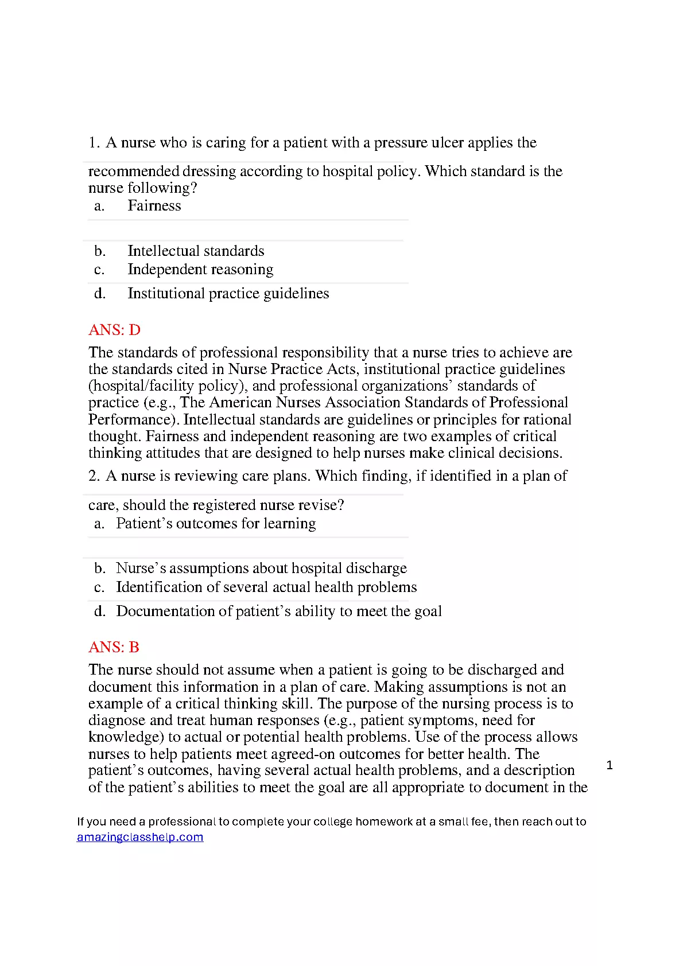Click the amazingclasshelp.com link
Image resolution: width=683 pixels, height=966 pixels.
pyautogui.click(x=140, y=837)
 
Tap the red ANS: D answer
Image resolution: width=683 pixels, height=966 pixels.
pyautogui.click(x=114, y=330)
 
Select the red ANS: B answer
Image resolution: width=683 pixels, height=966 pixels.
pyautogui.click(x=114, y=647)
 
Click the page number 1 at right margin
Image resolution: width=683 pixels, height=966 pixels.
pyautogui.click(x=610, y=765)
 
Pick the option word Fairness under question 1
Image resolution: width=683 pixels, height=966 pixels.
pyautogui.click(x=154, y=206)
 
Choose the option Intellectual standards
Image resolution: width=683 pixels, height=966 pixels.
pyautogui.click(x=196, y=251)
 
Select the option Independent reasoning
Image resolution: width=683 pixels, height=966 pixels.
pyautogui.click(x=200, y=270)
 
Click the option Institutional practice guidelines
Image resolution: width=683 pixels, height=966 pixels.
pyautogui.click(x=228, y=294)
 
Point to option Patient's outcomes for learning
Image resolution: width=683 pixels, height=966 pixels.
pyautogui.click(x=216, y=524)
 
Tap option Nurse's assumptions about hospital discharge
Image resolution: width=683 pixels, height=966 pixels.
pyautogui.click(x=261, y=568)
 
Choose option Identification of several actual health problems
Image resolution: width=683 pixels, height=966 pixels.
pyautogui.click(x=266, y=587)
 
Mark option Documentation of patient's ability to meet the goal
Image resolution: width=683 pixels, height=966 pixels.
pyautogui.click(x=279, y=611)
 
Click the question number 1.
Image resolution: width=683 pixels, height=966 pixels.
pyautogui.click(x=94, y=143)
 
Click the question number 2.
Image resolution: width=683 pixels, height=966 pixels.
pyautogui.click(x=94, y=476)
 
